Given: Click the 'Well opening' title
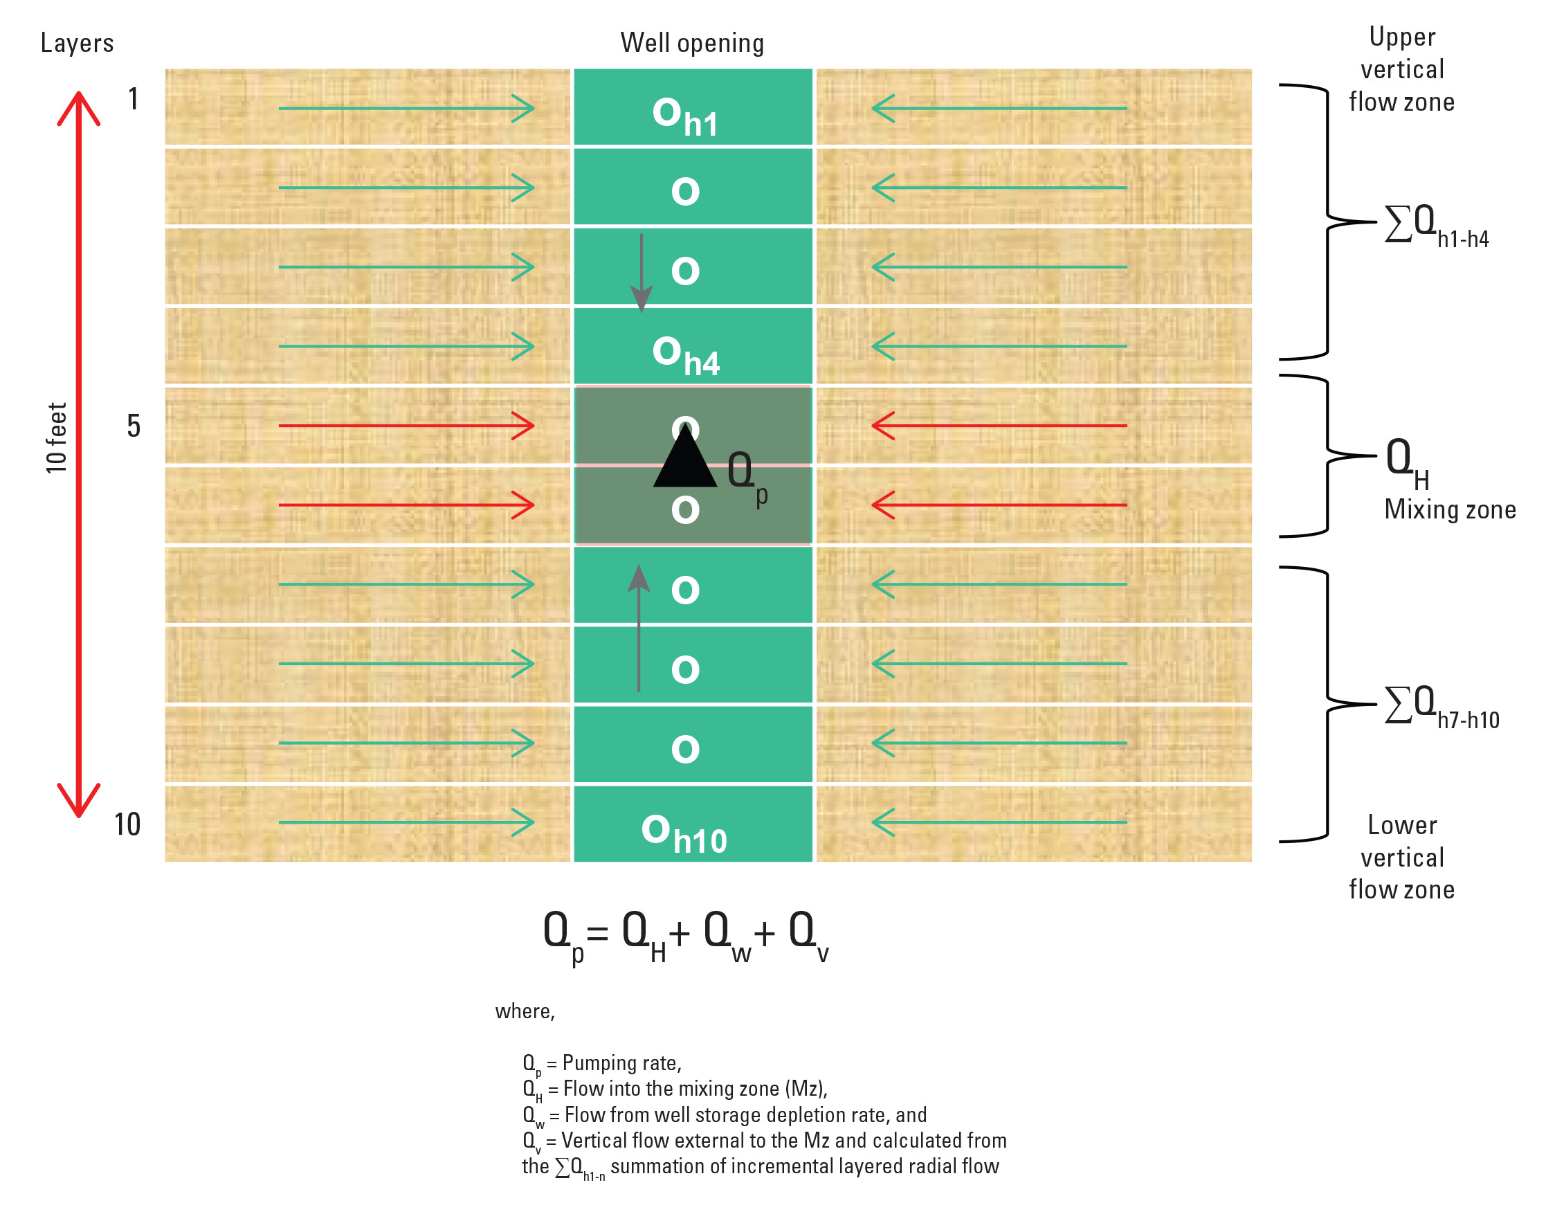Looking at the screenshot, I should click(692, 43).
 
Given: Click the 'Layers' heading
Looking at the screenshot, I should click(78, 43).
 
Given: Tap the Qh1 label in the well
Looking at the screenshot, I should click(684, 117).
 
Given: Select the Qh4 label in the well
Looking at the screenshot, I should click(685, 355).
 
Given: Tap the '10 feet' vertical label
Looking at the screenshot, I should click(56, 437).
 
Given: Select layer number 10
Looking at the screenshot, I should click(127, 824).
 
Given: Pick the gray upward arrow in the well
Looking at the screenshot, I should click(639, 628).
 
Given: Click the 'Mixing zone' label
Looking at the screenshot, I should click(1449, 509).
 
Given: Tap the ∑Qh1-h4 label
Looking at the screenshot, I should click(1436, 226).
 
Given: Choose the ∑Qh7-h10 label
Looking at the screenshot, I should click(1441, 707).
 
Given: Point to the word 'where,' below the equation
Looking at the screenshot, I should click(525, 1011).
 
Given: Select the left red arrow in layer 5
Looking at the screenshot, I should click(406, 426).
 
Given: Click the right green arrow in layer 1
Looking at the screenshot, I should click(999, 108).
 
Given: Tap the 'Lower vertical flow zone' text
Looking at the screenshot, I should click(1401, 857).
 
